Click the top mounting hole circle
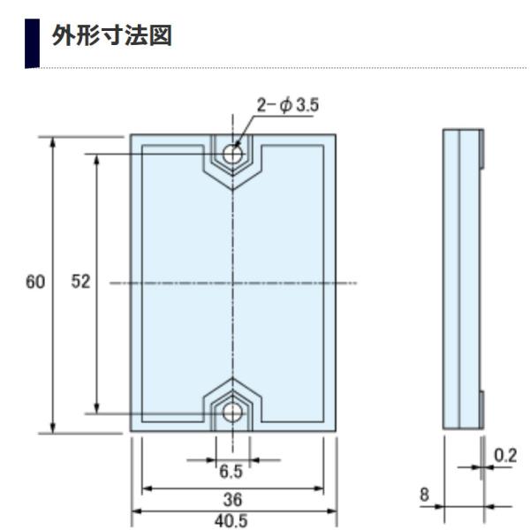coord(234,153)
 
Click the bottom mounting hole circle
coord(234,412)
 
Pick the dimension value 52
coord(79,283)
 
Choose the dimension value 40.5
coord(234,520)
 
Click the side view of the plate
coord(460,283)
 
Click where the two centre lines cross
coord(234,283)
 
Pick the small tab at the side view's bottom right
coord(481,410)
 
